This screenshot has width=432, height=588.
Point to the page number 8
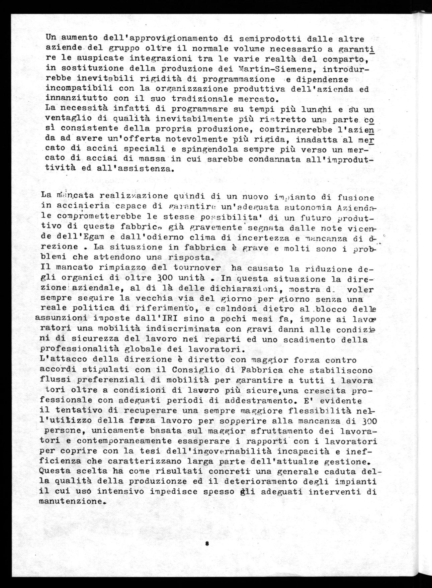207,544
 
